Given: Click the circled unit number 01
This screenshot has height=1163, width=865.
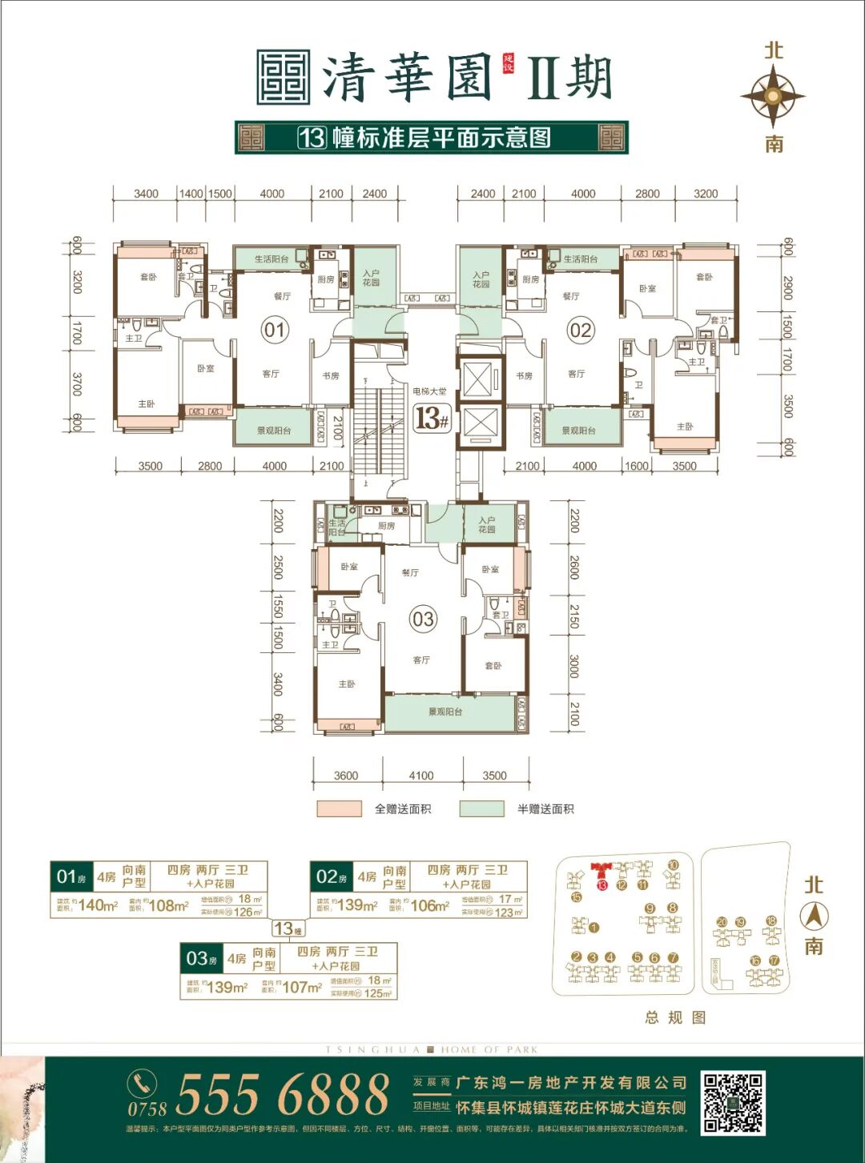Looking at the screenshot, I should click(x=275, y=330).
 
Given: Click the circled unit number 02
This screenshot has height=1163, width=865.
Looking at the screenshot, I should click(x=580, y=330).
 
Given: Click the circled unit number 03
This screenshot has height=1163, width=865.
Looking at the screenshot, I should click(x=423, y=619).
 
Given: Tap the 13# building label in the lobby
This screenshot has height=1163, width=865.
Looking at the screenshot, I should click(x=432, y=418).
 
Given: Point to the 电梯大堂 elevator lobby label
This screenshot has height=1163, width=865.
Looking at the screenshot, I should click(x=430, y=391).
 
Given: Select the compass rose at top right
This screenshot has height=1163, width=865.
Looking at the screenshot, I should click(x=773, y=96).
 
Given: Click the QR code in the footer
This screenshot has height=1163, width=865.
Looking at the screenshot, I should click(x=734, y=1103).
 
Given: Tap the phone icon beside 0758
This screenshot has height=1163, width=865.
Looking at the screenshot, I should click(x=143, y=1084).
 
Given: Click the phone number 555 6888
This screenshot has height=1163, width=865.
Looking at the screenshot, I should click(x=282, y=1095).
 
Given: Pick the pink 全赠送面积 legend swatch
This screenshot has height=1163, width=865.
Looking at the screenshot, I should click(x=339, y=808).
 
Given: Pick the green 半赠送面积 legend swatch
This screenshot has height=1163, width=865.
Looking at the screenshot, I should click(x=482, y=808).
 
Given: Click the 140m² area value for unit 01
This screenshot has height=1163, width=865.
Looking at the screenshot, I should click(x=98, y=905).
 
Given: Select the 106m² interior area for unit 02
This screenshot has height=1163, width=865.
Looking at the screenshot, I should click(x=429, y=905).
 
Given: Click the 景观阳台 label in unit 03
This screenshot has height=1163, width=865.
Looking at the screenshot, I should click(x=445, y=712).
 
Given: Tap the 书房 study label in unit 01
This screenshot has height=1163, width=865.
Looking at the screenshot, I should click(x=331, y=375).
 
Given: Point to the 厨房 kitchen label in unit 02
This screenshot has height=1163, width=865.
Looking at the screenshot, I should click(x=530, y=279).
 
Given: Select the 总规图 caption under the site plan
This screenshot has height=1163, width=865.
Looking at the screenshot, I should click(x=675, y=1017).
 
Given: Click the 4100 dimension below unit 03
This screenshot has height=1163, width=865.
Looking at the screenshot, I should click(x=421, y=775).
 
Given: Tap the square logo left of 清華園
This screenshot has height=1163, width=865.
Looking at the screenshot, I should click(x=284, y=78).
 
